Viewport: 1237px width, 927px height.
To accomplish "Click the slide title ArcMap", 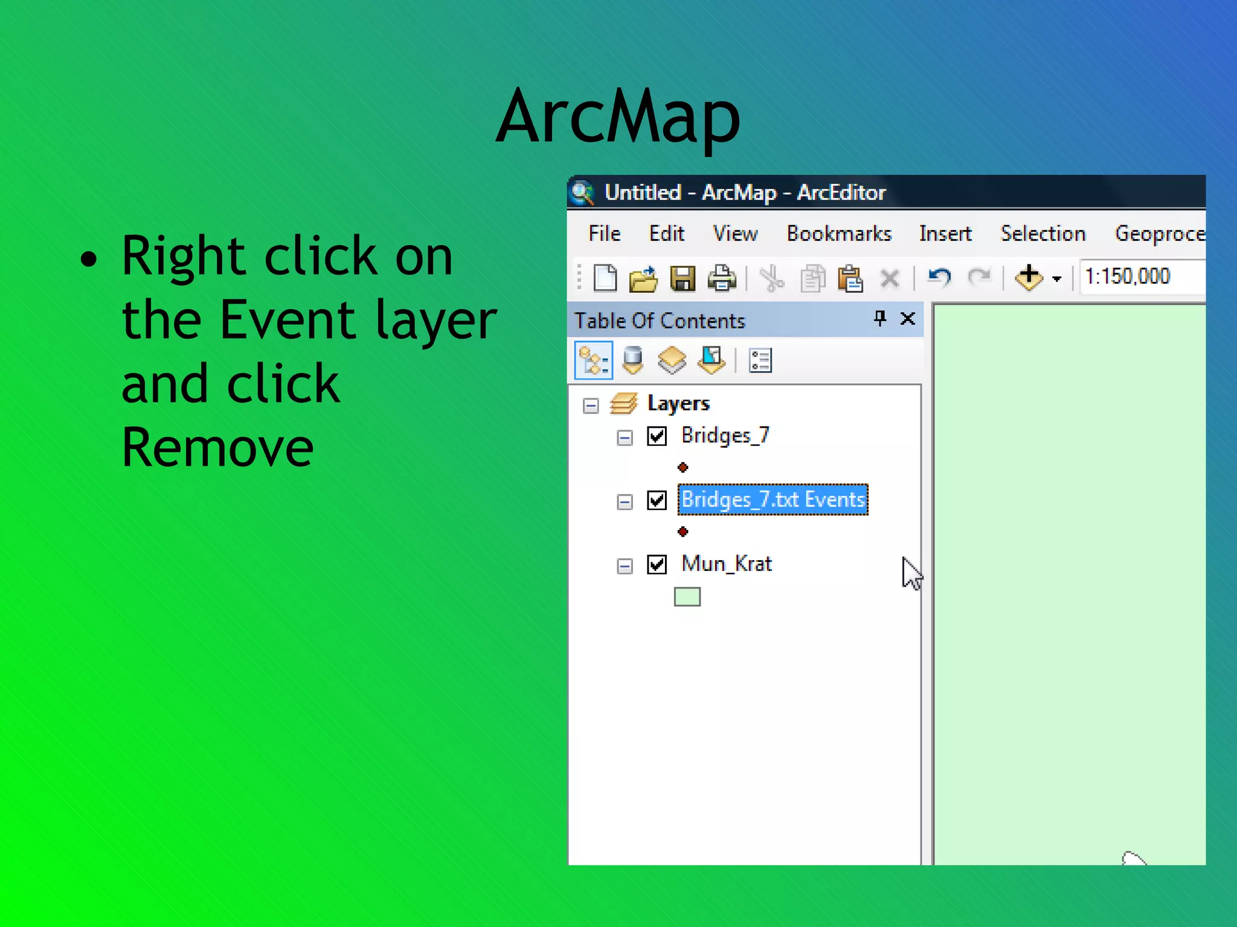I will [x=617, y=116].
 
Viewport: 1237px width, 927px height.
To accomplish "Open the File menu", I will [x=604, y=234].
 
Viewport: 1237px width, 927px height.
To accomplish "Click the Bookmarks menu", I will [x=838, y=234].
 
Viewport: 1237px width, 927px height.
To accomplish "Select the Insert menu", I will [x=945, y=234].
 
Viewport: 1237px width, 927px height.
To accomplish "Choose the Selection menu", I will [x=1043, y=234].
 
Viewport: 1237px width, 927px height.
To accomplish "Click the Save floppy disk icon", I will [x=683, y=279].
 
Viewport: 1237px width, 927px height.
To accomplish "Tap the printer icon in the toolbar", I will [x=722, y=279].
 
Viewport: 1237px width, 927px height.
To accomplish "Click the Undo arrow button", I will [x=939, y=278].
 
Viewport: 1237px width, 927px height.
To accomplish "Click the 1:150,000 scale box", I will [x=1136, y=277].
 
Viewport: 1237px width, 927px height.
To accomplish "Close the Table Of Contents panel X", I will [x=907, y=319].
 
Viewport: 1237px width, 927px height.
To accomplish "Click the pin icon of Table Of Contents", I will [x=880, y=318].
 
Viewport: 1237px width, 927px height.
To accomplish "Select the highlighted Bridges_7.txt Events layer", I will [x=773, y=500].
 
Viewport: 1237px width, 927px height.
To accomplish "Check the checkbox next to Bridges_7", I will [x=657, y=436].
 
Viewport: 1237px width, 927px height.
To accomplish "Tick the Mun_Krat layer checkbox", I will [x=657, y=564].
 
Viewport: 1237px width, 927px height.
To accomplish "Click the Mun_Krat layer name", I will [x=726, y=564].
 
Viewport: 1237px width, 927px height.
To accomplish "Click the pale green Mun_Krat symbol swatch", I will [x=687, y=597].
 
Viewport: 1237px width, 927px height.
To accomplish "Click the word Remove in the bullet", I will [x=217, y=447].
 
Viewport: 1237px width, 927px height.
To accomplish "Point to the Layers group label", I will [x=678, y=403].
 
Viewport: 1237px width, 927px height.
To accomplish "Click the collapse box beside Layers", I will [x=591, y=405].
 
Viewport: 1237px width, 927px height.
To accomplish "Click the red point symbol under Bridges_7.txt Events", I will [x=683, y=532].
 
